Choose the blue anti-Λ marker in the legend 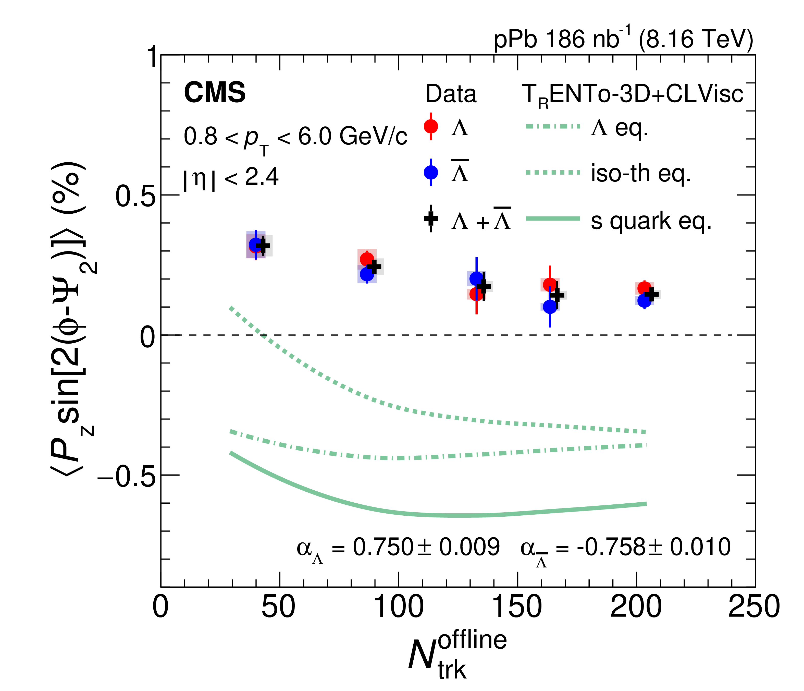(x=431, y=172)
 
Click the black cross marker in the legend (x=431, y=219)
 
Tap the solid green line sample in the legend (x=553, y=219)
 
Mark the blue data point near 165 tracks (x=550, y=307)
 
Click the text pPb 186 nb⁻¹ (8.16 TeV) (x=623, y=40)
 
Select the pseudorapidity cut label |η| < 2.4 (x=231, y=178)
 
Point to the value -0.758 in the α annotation (x=611, y=547)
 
